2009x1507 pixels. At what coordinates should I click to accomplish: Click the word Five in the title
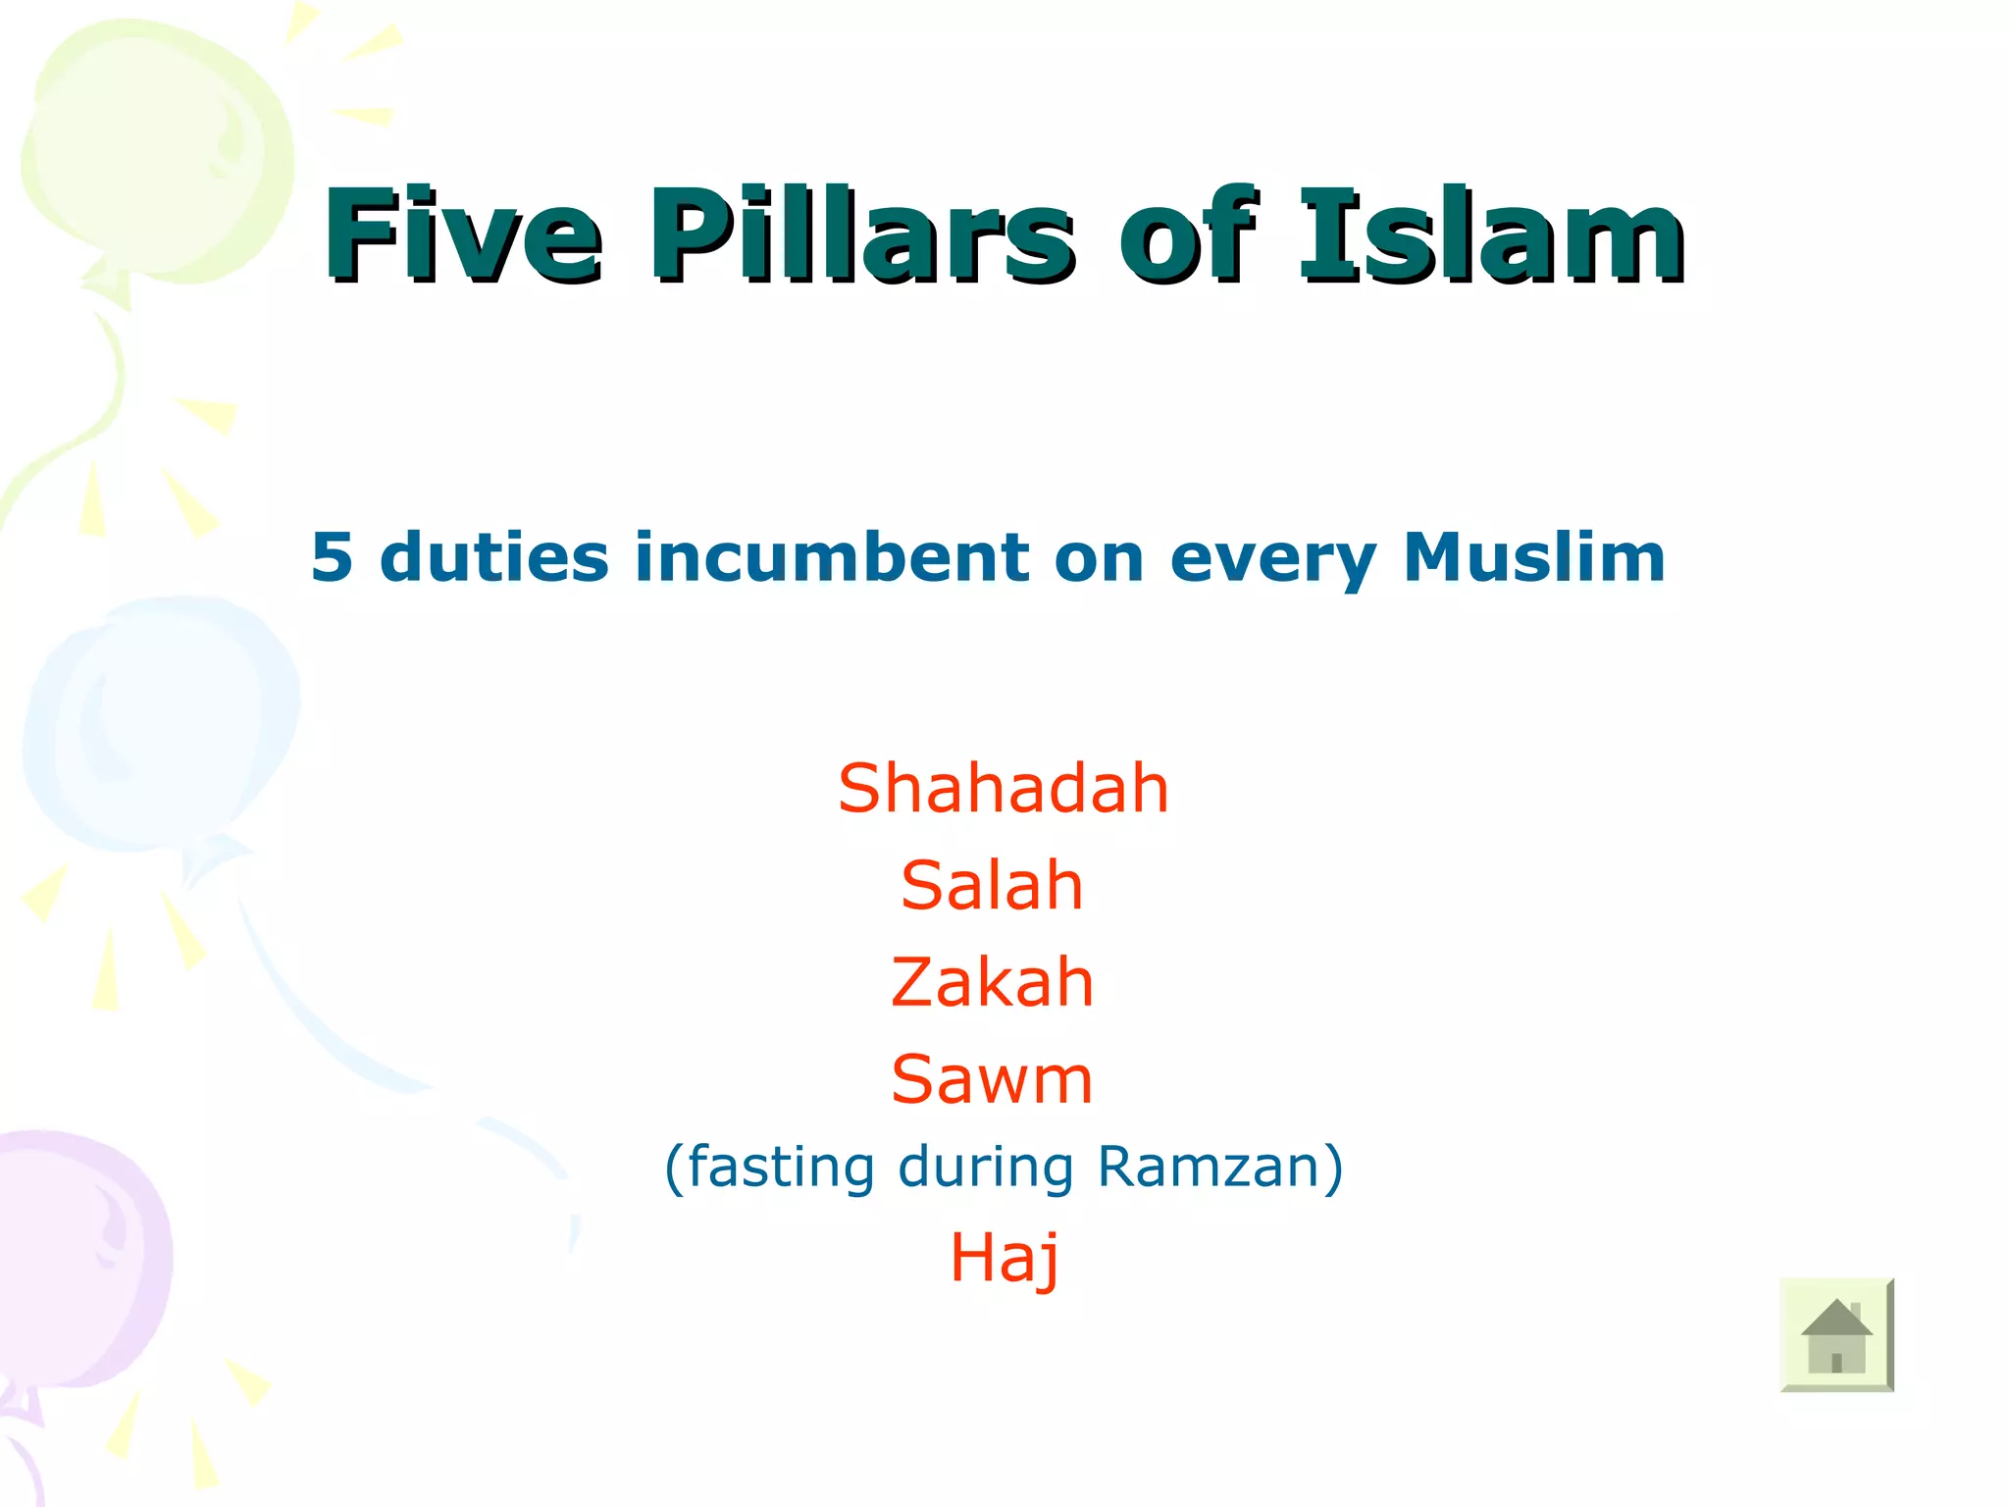pyautogui.click(x=463, y=235)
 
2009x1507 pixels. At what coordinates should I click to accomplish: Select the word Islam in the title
pyautogui.click(x=1491, y=235)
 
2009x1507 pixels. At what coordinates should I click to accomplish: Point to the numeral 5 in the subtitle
pyautogui.click(x=332, y=557)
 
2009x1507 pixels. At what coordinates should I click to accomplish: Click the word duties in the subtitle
pyautogui.click(x=493, y=557)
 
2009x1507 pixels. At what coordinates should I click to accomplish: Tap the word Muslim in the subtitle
pyautogui.click(x=1534, y=557)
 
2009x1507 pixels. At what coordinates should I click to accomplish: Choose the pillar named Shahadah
pyautogui.click(x=1003, y=788)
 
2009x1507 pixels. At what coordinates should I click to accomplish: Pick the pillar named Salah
pyautogui.click(x=992, y=885)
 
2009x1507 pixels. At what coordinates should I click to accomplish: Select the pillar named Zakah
pyautogui.click(x=992, y=982)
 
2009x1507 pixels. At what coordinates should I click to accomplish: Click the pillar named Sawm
pyautogui.click(x=992, y=1079)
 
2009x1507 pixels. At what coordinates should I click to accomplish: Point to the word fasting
pyautogui.click(x=781, y=1168)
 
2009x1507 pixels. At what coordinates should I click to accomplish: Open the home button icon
pyautogui.click(x=1836, y=1334)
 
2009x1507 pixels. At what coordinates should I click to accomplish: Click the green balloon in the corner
pyautogui.click(x=157, y=157)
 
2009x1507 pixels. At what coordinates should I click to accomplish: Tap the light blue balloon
pyautogui.click(x=162, y=726)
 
